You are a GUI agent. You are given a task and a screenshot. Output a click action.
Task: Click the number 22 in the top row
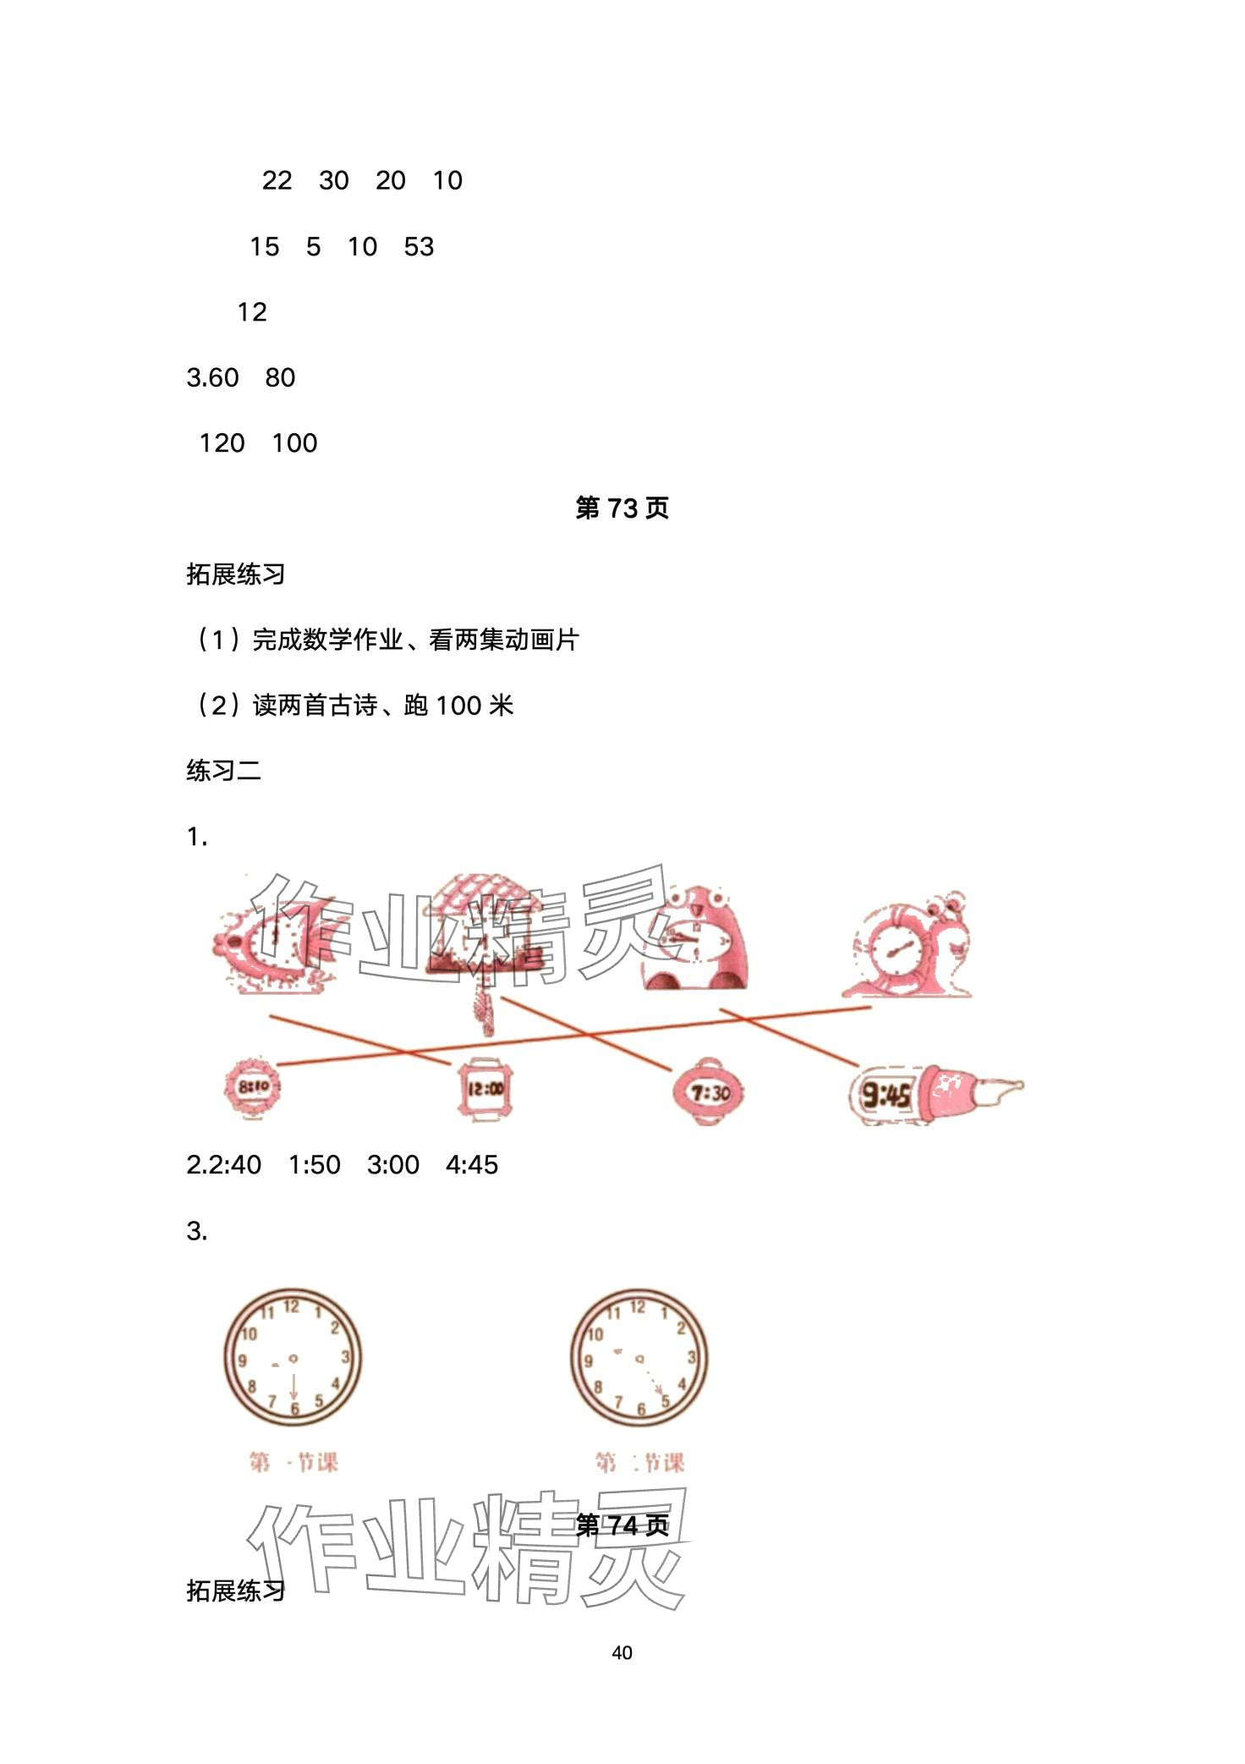(277, 180)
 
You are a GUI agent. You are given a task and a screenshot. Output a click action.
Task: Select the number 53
(419, 246)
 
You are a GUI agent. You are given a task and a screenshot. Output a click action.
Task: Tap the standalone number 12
(251, 312)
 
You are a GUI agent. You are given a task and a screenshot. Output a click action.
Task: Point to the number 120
(222, 442)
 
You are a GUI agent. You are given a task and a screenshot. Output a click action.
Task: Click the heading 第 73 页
(622, 508)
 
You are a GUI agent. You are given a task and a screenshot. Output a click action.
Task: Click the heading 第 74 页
(622, 1525)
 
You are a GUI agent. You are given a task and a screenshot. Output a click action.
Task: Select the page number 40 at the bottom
(622, 1652)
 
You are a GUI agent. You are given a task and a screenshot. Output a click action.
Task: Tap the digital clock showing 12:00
(485, 1090)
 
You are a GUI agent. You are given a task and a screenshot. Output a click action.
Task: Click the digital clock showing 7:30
(709, 1092)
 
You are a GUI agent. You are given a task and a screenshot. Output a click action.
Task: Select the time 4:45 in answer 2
(472, 1165)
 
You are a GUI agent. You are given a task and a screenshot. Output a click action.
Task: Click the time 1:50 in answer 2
(315, 1165)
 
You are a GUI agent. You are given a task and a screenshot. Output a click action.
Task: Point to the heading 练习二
(224, 771)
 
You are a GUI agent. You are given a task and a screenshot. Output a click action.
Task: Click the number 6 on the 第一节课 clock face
(294, 1409)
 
